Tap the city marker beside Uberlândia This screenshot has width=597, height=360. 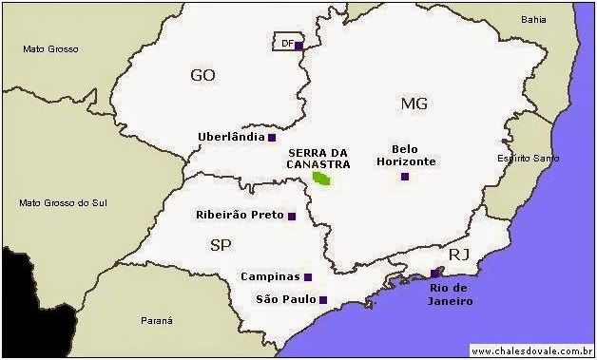[272, 138]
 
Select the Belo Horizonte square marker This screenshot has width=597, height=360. [405, 176]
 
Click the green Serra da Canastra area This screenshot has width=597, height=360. [323, 178]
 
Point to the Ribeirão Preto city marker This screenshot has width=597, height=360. [292, 217]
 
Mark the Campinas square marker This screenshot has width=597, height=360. [308, 277]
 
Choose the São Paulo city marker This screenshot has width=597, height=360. [323, 300]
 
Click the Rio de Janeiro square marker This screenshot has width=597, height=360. [435, 274]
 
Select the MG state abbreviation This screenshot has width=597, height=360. [415, 103]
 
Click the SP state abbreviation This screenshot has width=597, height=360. [221, 245]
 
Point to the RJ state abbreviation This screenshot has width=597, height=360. [459, 255]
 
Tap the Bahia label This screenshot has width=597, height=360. [534, 19]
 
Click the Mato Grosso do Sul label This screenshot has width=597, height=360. [61, 202]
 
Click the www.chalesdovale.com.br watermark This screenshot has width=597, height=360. [531, 351]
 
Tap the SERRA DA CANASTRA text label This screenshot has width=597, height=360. [318, 158]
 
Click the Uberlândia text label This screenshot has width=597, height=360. [231, 137]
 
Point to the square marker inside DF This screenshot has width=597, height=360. [298, 45]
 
